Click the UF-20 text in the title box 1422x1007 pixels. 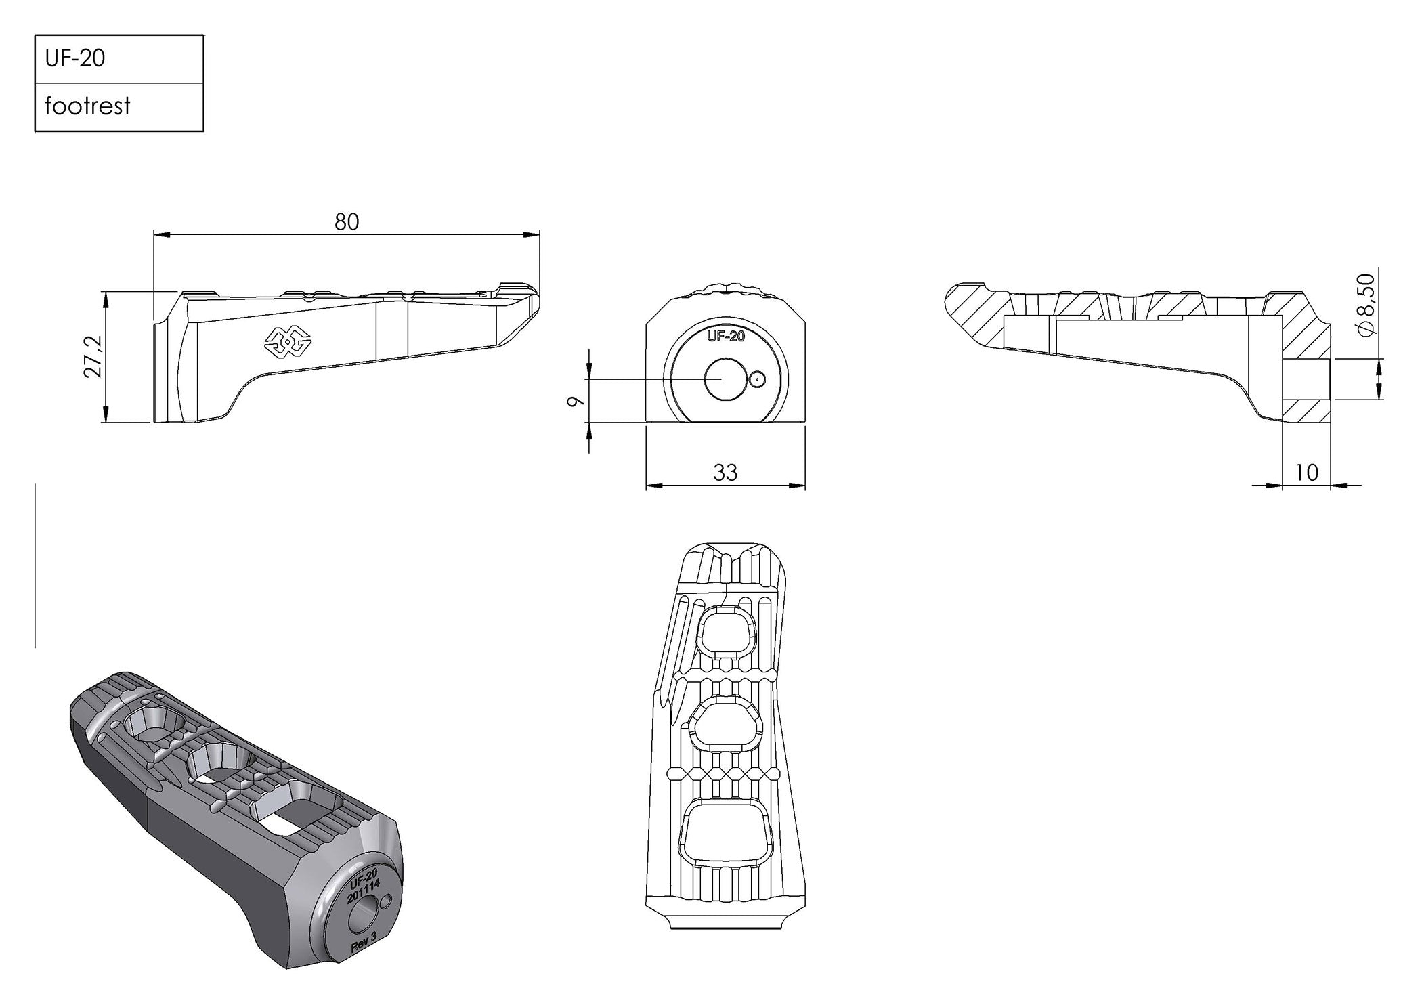point(75,59)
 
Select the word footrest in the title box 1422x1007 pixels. point(87,106)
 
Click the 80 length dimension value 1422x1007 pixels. point(347,222)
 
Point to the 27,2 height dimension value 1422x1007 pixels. point(93,356)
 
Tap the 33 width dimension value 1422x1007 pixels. point(725,472)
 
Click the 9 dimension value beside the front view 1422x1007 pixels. point(576,401)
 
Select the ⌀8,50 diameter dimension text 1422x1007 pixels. point(1366,304)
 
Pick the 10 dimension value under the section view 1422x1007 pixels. point(1306,472)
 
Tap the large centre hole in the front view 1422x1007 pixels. point(724,380)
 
